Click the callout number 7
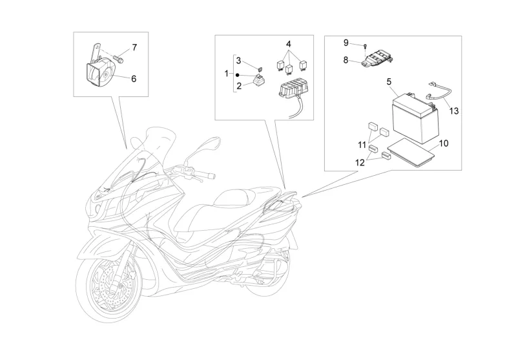coord(134,48)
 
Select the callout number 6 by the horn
coord(134,79)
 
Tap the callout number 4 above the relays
coord(289,45)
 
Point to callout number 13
coord(454,111)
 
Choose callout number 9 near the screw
coord(346,43)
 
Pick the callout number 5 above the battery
coord(390,82)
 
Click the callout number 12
coord(358,163)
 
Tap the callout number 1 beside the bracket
coord(227,74)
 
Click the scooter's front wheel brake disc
coord(104,290)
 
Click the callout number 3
coord(238,61)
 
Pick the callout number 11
coord(362,143)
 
